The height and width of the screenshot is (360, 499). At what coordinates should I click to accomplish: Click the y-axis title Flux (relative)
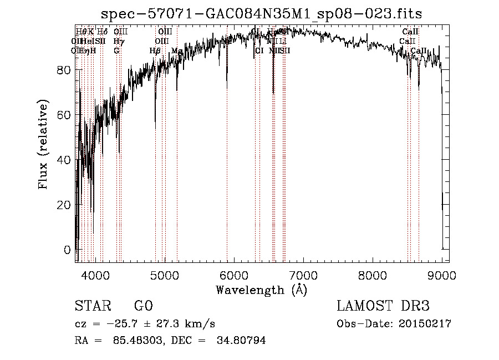pyautogui.click(x=43, y=144)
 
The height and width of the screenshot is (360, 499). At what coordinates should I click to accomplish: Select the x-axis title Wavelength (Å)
pyautogui.click(x=261, y=290)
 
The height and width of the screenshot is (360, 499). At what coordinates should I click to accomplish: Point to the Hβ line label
pyautogui.click(x=155, y=50)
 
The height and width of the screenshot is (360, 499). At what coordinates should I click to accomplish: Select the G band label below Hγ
pyautogui.click(x=117, y=50)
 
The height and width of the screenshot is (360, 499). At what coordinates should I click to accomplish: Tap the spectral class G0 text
pyautogui.click(x=142, y=306)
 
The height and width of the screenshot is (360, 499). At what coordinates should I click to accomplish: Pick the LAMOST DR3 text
pyautogui.click(x=383, y=306)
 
